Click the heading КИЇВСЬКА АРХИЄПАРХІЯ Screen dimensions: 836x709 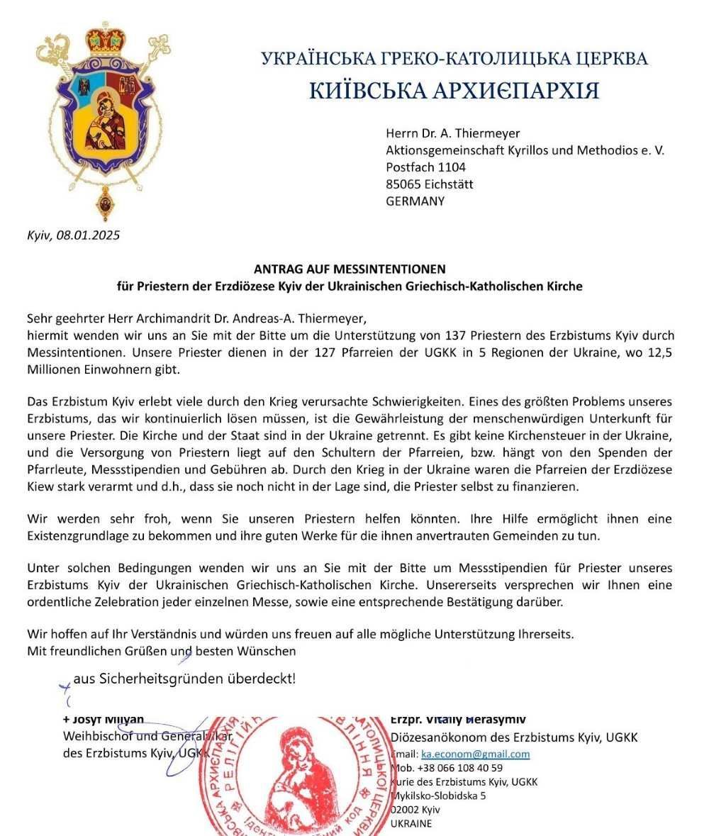coord(454,91)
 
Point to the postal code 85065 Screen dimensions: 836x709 coord(404,184)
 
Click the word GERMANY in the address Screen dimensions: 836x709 coord(415,201)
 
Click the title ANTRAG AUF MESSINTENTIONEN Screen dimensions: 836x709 coord(350,269)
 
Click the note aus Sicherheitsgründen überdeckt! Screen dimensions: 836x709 coord(184,679)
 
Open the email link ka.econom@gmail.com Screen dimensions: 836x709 coord(475,754)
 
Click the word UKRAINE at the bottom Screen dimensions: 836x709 coord(411,824)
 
